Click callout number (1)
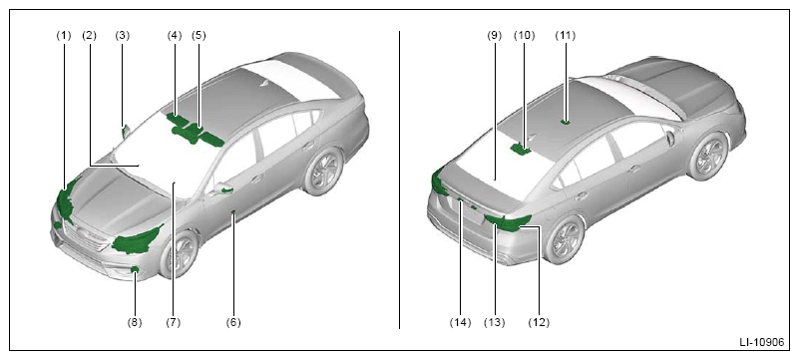click(63, 36)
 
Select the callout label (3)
click(123, 36)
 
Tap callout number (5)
click(199, 36)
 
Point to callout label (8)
click(135, 322)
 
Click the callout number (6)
click(233, 322)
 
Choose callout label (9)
click(495, 36)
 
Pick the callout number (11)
click(566, 36)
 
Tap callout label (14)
click(461, 322)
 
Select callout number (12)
click(539, 322)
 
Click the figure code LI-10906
click(762, 343)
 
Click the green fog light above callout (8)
click(135, 269)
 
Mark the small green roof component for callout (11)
click(566, 122)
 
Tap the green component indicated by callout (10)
click(521, 149)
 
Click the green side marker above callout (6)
click(233, 211)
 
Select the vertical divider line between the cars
click(399, 180)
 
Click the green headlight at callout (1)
click(66, 202)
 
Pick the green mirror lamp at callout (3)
click(124, 132)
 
